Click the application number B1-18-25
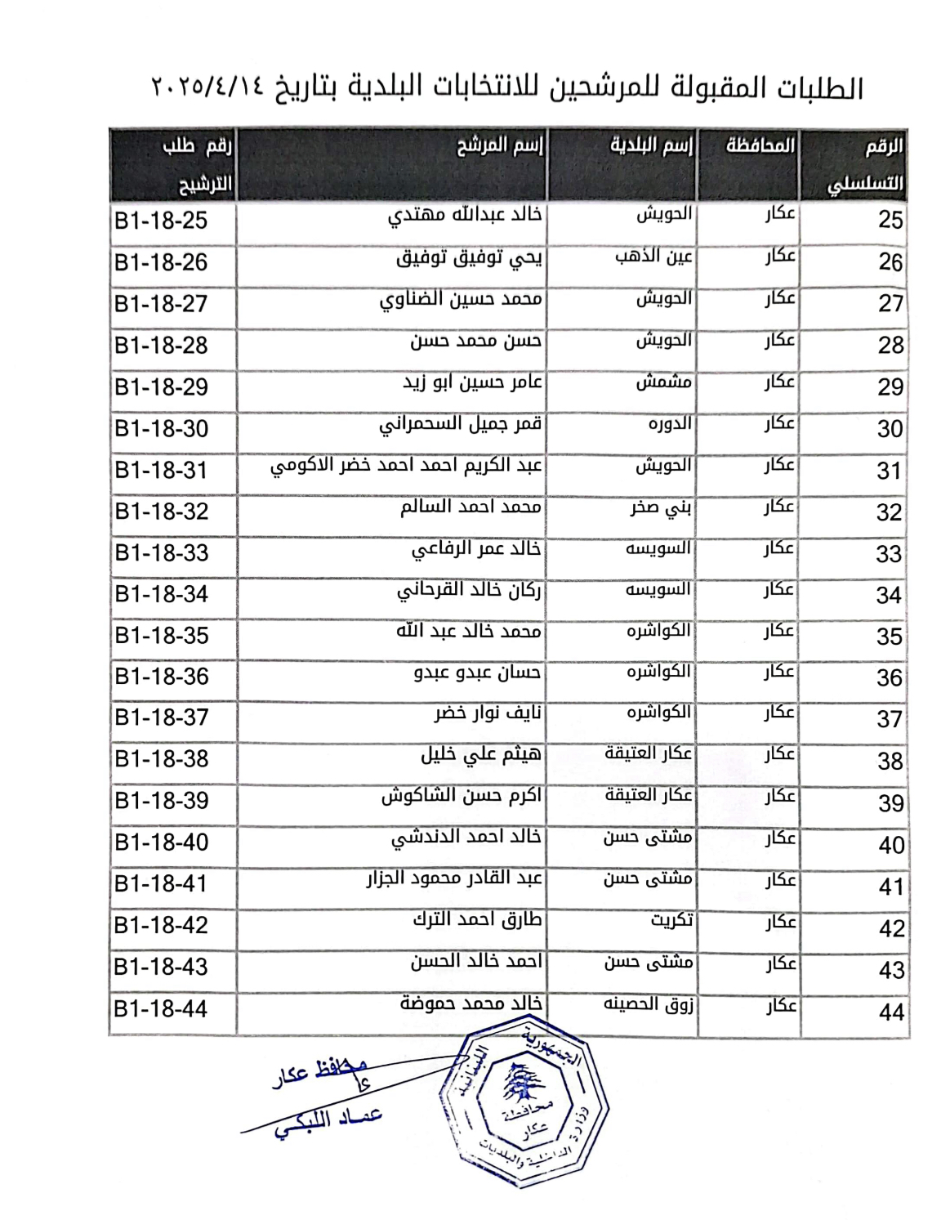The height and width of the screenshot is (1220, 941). pos(162,221)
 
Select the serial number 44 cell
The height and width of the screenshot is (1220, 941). pos(891,1012)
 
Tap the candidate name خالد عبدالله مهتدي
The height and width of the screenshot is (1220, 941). pos(464,215)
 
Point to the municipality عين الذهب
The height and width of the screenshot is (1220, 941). pos(653,257)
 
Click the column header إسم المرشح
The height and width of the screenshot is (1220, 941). pos(499,146)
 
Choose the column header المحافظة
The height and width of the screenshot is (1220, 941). pos(760,146)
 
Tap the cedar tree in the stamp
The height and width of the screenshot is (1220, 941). pos(516,1085)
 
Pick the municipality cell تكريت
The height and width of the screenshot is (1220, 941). pos(671,921)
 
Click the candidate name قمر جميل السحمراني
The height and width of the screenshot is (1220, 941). pos(460,425)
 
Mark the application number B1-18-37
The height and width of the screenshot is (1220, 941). pos(162,717)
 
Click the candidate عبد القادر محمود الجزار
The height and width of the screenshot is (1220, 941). pos(453,879)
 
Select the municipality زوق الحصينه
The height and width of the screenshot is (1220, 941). pos(649,1004)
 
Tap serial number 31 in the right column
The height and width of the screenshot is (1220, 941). pos(888,471)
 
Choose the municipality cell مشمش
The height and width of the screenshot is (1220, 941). pos(663,382)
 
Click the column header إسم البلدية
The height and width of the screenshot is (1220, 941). pos(651,146)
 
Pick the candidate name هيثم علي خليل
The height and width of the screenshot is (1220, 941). pos(480,755)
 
